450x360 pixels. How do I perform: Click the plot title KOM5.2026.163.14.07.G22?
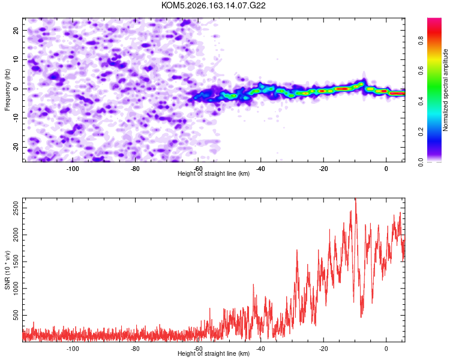click(213, 5)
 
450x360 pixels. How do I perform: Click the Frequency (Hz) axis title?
click(7, 90)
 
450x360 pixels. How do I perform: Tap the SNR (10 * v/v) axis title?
click(7, 270)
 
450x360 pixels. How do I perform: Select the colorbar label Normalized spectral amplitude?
click(445, 90)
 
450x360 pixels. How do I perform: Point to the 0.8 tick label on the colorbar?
click(421, 40)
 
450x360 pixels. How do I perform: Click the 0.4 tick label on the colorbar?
click(421, 101)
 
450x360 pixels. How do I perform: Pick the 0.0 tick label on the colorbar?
click(421, 162)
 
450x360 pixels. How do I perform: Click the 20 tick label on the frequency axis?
click(16, 31)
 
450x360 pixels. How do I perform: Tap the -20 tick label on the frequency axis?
click(16, 148)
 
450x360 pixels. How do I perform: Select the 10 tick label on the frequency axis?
click(16, 60)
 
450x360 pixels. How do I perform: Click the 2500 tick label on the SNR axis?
click(16, 208)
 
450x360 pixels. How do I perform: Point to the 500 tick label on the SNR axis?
click(16, 315)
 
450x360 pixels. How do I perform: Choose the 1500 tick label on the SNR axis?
click(16, 262)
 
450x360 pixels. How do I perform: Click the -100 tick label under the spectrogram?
click(73, 169)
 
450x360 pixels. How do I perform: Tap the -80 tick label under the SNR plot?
click(135, 349)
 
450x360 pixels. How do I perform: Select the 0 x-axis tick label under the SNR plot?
click(386, 349)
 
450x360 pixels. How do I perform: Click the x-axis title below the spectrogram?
click(214, 173)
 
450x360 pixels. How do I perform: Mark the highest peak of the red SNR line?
click(356, 199)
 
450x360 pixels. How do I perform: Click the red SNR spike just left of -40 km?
click(253, 285)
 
